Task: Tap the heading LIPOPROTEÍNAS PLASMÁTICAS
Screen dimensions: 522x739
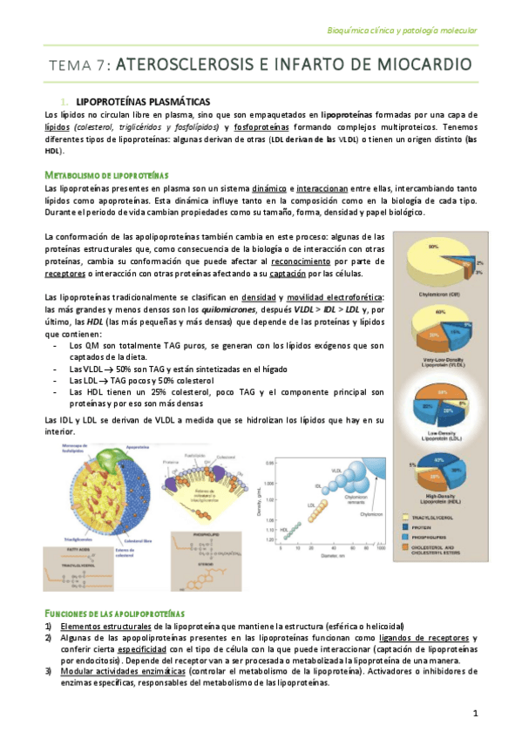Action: pyautogui.click(x=143, y=102)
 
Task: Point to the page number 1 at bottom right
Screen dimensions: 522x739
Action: pyautogui.click(x=476, y=715)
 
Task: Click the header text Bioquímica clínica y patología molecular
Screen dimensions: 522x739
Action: pyautogui.click(x=401, y=30)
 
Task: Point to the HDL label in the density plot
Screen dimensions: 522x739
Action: pyautogui.click(x=283, y=529)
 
